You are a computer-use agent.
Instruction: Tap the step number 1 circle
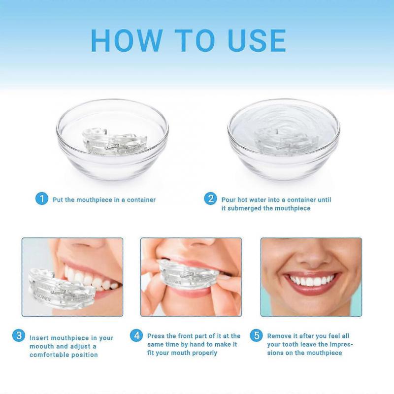(x=42, y=199)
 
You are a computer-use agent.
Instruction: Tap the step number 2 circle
(x=211, y=199)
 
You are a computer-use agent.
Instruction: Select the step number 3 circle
(x=19, y=336)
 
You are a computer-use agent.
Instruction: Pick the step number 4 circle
(x=136, y=336)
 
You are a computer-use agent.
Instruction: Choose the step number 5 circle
(x=256, y=336)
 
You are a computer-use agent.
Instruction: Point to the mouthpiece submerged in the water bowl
(x=283, y=141)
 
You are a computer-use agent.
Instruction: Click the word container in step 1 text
(x=139, y=200)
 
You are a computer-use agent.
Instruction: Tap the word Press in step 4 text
(x=156, y=336)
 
